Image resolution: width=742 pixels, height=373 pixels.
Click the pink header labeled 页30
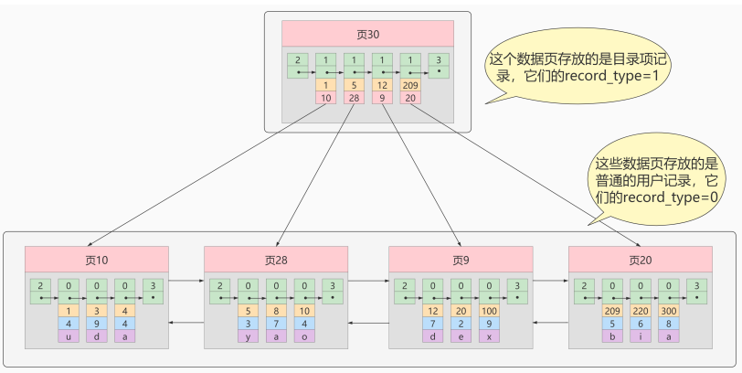(x=367, y=34)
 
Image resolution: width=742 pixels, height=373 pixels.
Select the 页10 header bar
(x=97, y=260)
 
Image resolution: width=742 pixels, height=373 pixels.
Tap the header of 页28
(x=276, y=260)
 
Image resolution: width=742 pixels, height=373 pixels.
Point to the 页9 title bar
(x=461, y=260)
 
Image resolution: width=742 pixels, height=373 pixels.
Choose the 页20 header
(x=641, y=260)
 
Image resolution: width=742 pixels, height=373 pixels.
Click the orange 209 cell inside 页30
(x=411, y=85)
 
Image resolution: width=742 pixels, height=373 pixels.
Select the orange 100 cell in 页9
(x=489, y=310)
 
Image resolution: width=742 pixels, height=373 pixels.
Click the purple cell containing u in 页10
(x=69, y=336)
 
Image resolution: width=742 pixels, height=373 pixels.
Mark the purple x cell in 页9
(x=489, y=336)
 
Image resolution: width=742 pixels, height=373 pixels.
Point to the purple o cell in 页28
(x=304, y=336)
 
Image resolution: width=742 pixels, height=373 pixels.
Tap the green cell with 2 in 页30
(x=297, y=65)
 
